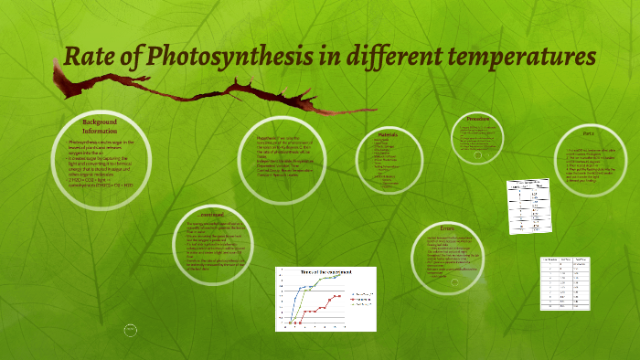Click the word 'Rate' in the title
pos(87,56)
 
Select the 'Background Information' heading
pos(100,126)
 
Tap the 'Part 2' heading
pos(588,132)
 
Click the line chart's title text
pos(326,273)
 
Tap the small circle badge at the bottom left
pos(131,329)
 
